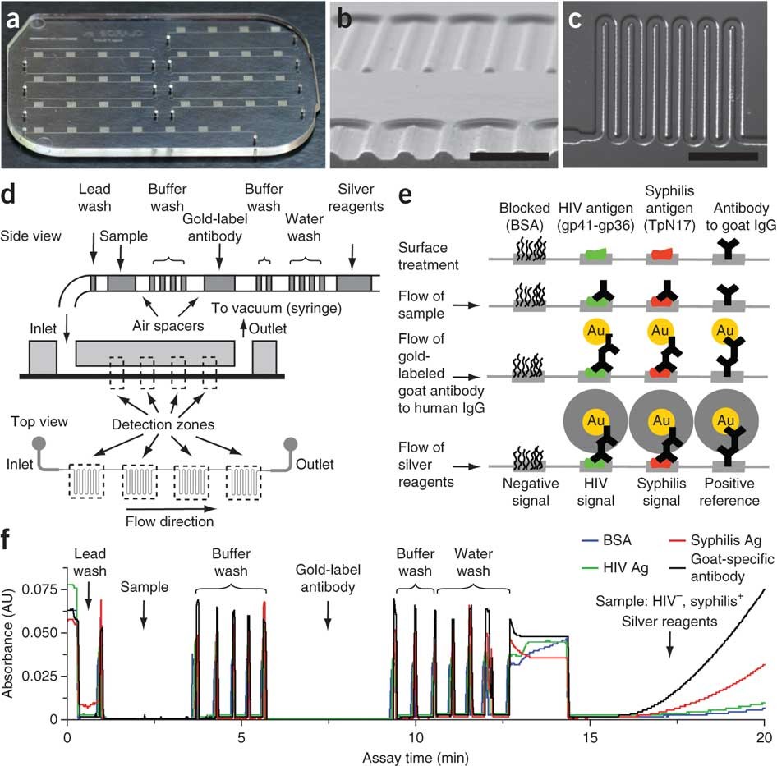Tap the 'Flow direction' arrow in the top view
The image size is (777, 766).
pyautogui.click(x=171, y=521)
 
